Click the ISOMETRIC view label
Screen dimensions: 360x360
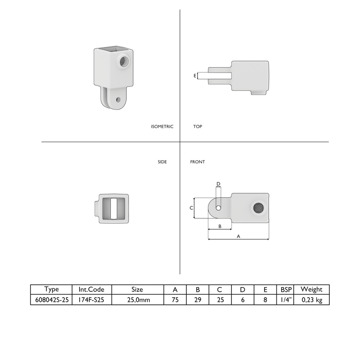(x=162, y=127)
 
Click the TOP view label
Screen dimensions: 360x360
(x=198, y=127)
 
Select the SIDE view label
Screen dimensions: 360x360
(x=162, y=162)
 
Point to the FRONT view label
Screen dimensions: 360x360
(x=197, y=162)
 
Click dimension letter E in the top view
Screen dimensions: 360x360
(x=195, y=76)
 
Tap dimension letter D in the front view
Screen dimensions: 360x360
(x=218, y=184)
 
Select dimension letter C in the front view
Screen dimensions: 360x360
(x=191, y=208)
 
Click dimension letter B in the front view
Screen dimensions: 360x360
(x=219, y=226)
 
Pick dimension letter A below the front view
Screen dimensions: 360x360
(x=239, y=236)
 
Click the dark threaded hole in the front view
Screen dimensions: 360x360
(x=258, y=208)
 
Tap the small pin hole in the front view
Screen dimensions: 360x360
(x=218, y=208)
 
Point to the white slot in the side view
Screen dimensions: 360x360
(x=114, y=208)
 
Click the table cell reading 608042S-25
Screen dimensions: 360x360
(x=51, y=299)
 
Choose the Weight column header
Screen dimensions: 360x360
(x=312, y=289)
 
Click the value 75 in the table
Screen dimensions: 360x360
(x=175, y=299)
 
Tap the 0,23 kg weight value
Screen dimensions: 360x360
(x=312, y=299)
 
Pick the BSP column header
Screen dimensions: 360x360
(x=286, y=289)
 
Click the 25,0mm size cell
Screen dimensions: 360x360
(x=137, y=299)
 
